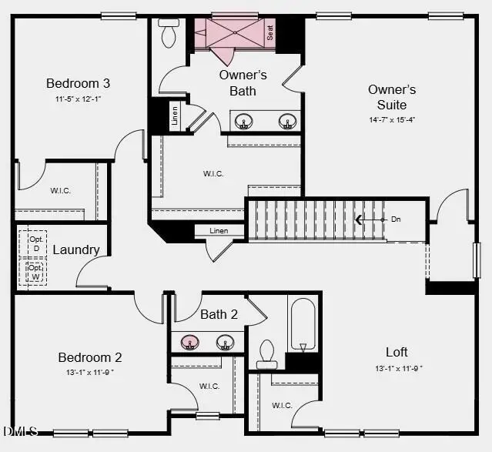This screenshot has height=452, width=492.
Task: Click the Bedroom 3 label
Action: pyautogui.click(x=78, y=83)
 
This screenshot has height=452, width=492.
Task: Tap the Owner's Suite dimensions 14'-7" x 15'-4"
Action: pyautogui.click(x=392, y=119)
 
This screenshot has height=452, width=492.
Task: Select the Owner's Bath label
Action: pyautogui.click(x=243, y=83)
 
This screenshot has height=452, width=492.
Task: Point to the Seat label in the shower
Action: pyautogui.click(x=270, y=33)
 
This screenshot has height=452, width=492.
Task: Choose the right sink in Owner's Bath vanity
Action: pyautogui.click(x=288, y=122)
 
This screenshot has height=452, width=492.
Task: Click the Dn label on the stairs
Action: pyautogui.click(x=396, y=219)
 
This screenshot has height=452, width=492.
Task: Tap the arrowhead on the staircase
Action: pyautogui.click(x=359, y=219)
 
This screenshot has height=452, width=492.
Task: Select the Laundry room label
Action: pyautogui.click(x=75, y=249)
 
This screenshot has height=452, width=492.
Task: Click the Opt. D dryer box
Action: pyautogui.click(x=35, y=243)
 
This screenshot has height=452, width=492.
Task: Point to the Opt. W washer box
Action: pyautogui.click(x=35, y=272)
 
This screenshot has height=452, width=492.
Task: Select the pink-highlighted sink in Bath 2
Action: pyautogui.click(x=189, y=342)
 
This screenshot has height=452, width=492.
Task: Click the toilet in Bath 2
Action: pyautogui.click(x=266, y=353)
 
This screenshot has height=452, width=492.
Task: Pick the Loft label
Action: pyautogui.click(x=397, y=352)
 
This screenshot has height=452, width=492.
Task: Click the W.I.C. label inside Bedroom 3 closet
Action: pyautogui.click(x=61, y=190)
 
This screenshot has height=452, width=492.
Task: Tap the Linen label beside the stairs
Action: pyautogui.click(x=219, y=230)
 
